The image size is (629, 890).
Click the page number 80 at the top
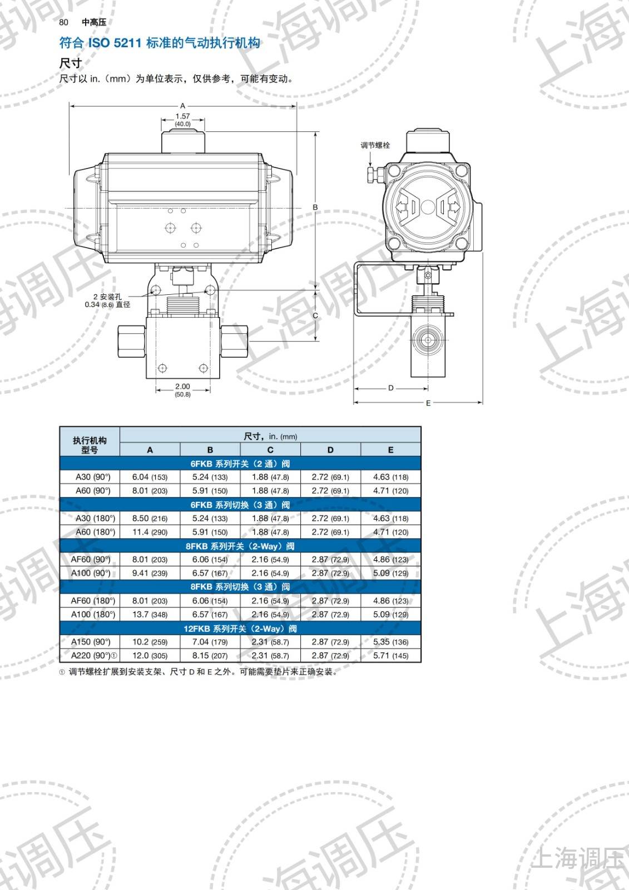pyautogui.click(x=63, y=22)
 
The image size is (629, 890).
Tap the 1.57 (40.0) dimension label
pyautogui.click(x=183, y=120)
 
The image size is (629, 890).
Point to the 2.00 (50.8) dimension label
pyautogui.click(x=183, y=390)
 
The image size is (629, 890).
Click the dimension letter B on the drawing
pyautogui.click(x=315, y=207)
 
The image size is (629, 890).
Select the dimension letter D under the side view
pyautogui.click(x=390, y=388)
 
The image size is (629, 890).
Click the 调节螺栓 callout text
pyautogui.click(x=375, y=145)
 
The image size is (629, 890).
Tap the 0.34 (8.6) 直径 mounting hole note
pyautogui.click(x=107, y=304)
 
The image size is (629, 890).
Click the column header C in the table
pyautogui.click(x=270, y=450)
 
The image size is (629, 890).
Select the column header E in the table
pyautogui.click(x=390, y=450)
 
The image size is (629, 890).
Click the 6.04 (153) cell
pyautogui.click(x=150, y=477)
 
